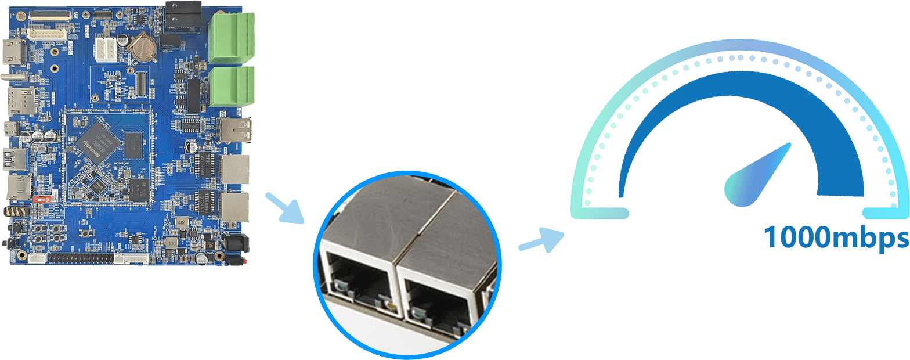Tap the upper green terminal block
[232, 38]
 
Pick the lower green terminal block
[232, 87]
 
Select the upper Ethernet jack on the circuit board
[234, 169]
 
